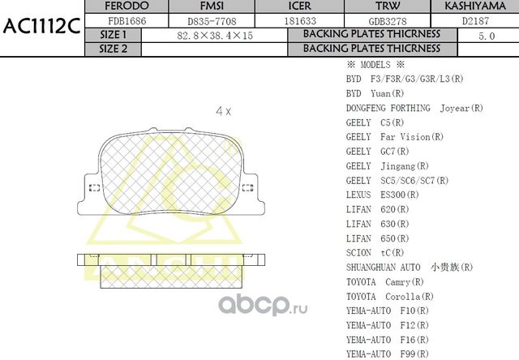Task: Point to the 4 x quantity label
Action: (x=223, y=110)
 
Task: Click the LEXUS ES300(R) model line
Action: (x=383, y=195)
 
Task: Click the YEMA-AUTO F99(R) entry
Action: (x=387, y=354)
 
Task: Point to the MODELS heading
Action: (x=375, y=65)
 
